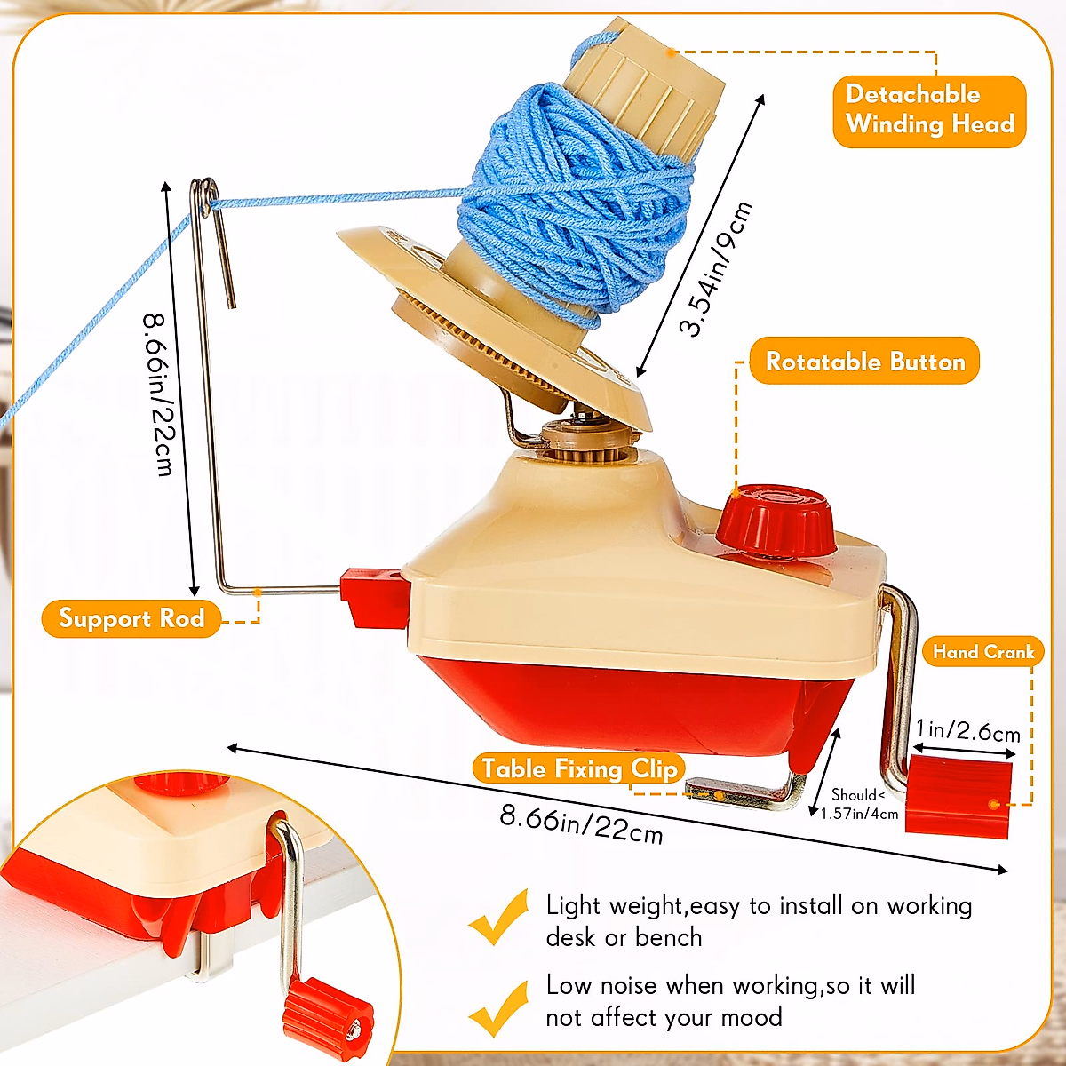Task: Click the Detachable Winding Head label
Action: (x=929, y=110)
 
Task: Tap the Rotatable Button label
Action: (x=864, y=362)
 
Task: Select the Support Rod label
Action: (x=131, y=618)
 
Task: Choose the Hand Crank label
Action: (x=983, y=652)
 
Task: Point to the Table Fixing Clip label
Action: (x=579, y=768)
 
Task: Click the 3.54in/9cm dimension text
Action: (x=716, y=268)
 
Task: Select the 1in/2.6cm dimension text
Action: (x=968, y=730)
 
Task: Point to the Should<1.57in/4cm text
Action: (x=858, y=804)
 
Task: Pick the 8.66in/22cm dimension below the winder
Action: (x=582, y=823)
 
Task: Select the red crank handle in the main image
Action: (x=959, y=796)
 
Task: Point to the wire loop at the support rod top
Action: (x=207, y=197)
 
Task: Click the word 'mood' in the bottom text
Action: (x=750, y=1017)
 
